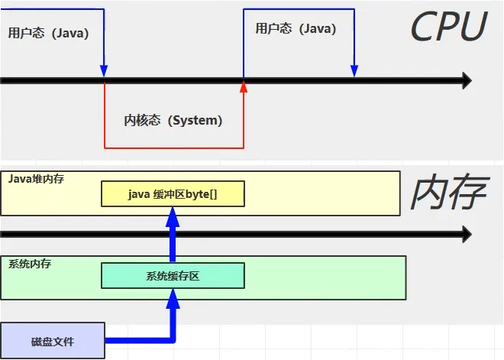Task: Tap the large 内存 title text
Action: point(448,193)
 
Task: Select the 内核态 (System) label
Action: point(173,120)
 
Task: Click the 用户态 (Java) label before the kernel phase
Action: point(48,33)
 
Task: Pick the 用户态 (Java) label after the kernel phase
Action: point(296,28)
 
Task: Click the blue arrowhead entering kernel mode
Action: point(104,71)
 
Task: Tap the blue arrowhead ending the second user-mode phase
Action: point(354,71)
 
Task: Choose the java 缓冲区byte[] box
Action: point(173,194)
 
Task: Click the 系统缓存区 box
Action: point(173,276)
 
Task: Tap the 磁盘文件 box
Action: point(52,342)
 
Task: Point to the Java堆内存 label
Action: point(37,178)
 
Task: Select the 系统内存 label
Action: point(31,264)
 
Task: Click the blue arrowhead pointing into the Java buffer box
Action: point(173,215)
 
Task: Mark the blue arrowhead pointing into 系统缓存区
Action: point(173,297)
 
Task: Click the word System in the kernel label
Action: point(196,120)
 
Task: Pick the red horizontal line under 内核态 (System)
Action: point(173,147)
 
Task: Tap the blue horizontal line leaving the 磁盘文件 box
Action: point(137,339)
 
